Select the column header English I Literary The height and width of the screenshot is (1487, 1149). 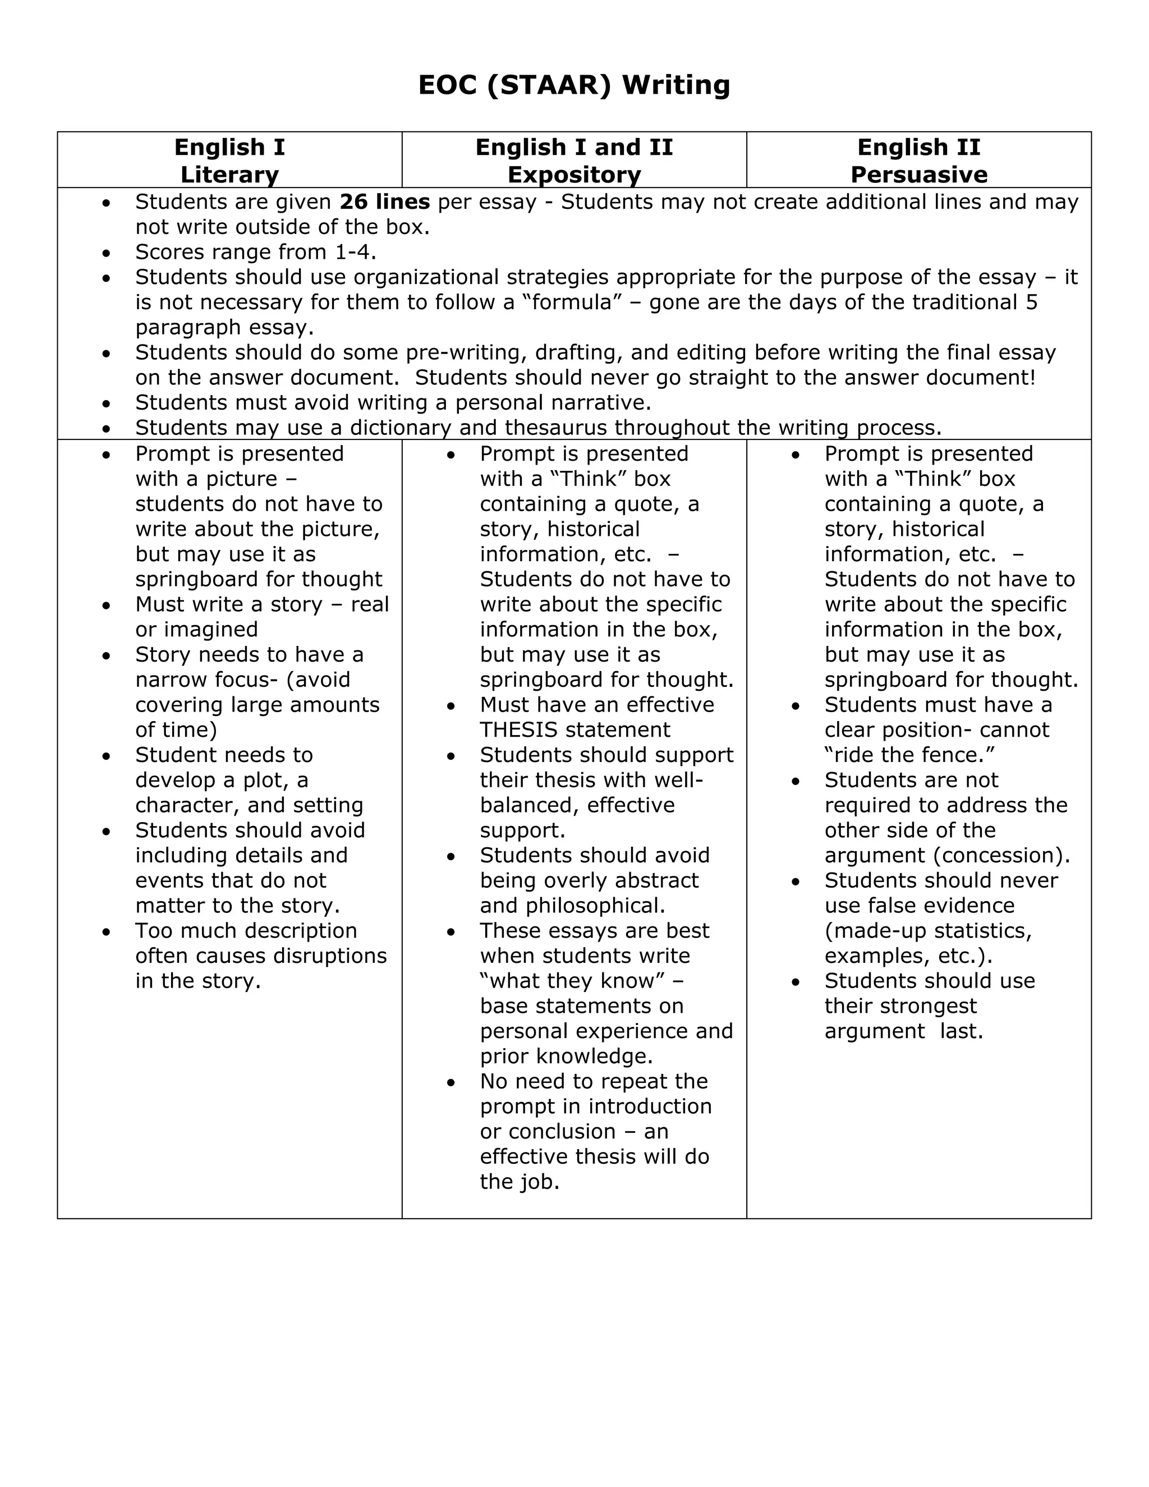click(229, 160)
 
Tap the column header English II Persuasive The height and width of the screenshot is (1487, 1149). click(918, 160)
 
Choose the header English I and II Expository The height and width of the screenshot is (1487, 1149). click(574, 160)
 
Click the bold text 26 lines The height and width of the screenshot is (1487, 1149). click(384, 202)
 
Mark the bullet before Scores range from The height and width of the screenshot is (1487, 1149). click(106, 253)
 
